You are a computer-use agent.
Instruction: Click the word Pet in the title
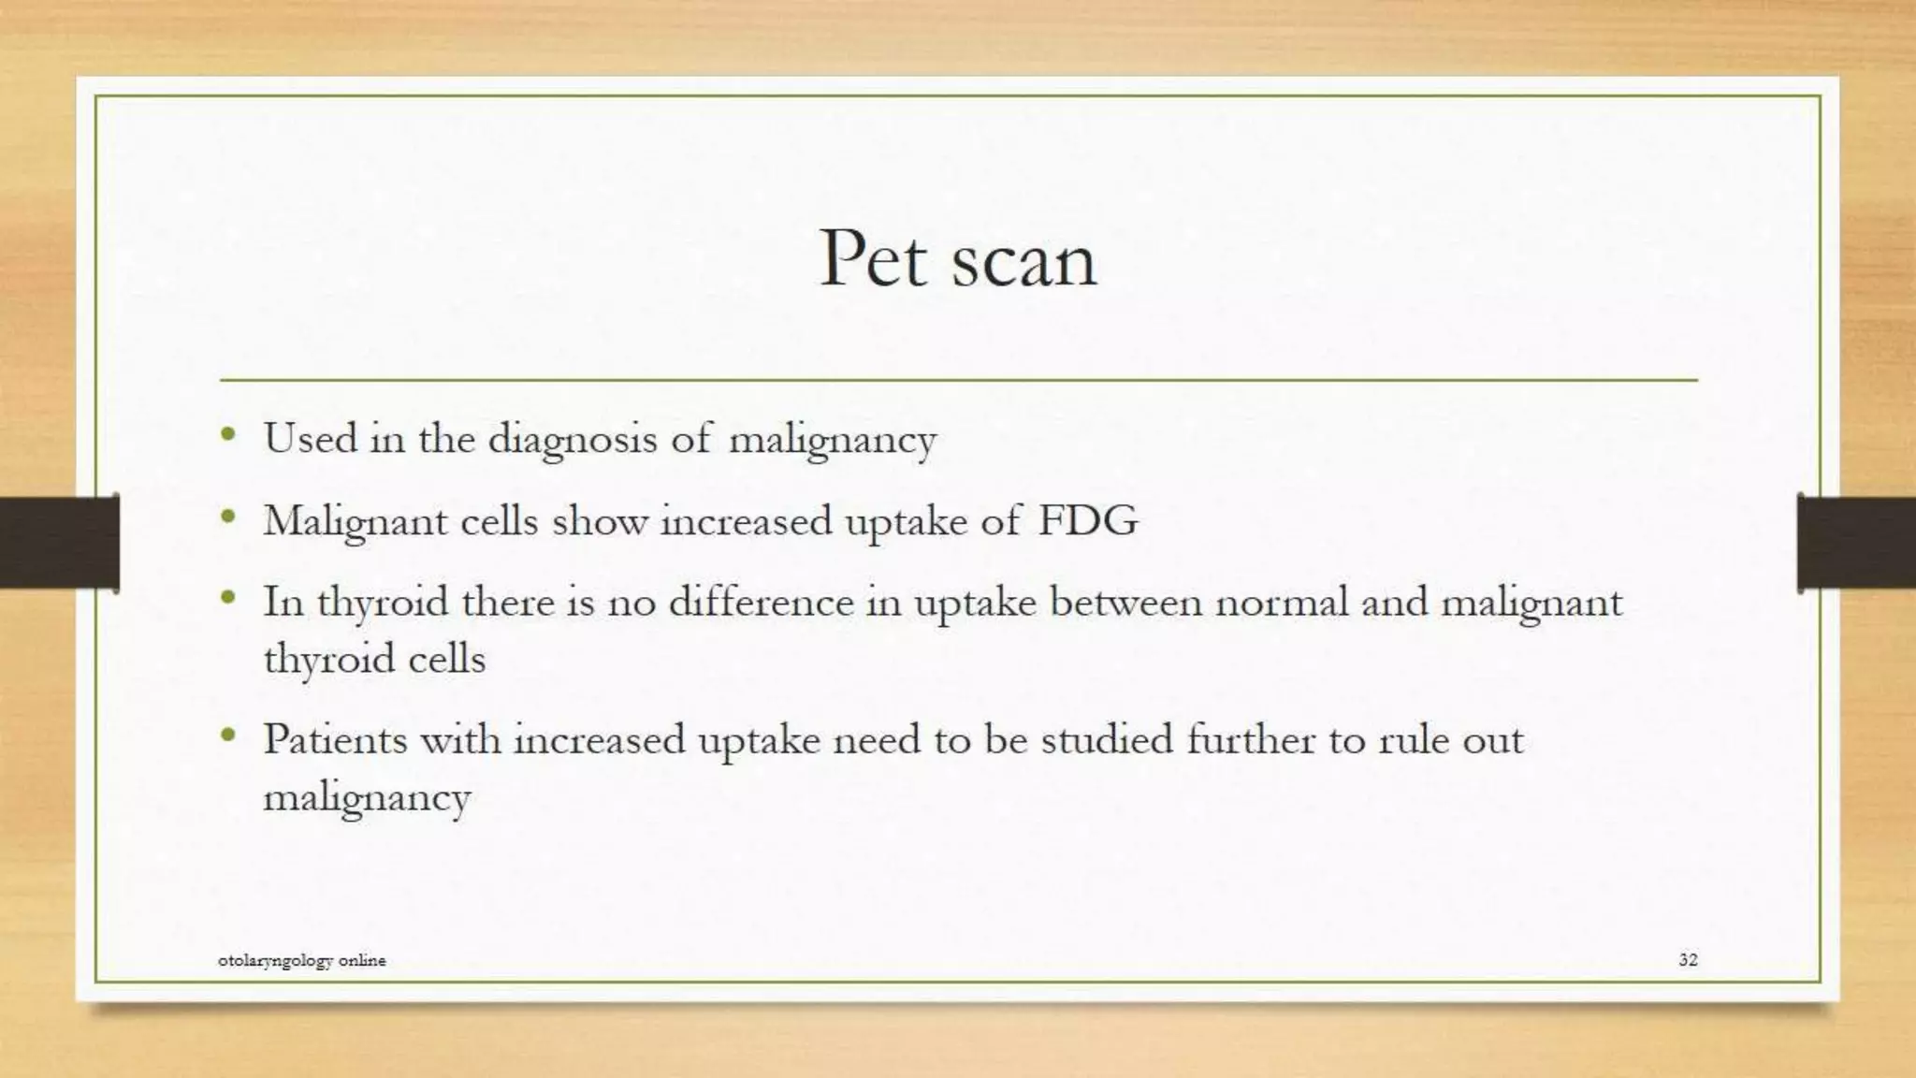tap(877, 259)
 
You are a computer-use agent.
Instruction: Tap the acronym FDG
tap(1088, 520)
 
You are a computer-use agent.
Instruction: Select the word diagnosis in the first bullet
tap(572, 439)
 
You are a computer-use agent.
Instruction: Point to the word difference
tap(761, 601)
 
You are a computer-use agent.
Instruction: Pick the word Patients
tap(335, 739)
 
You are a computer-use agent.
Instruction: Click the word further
tap(1251, 739)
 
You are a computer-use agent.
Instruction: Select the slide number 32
tap(1688, 959)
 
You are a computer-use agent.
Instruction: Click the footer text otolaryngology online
tap(301, 960)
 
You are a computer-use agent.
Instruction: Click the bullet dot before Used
tap(228, 434)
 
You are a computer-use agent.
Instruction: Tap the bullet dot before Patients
tap(228, 736)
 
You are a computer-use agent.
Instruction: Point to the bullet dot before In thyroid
tap(228, 597)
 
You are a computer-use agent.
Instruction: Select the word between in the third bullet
tap(1125, 601)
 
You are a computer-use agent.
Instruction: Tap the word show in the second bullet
tap(600, 521)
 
